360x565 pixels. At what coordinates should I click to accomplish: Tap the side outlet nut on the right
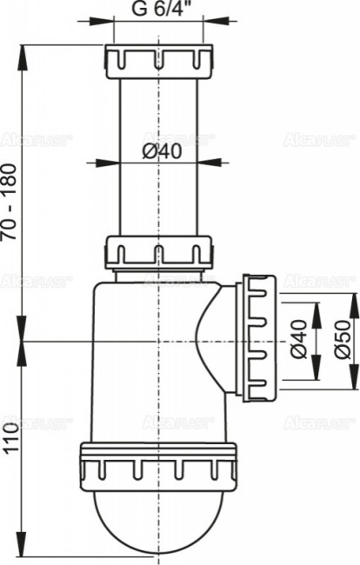coord(260,338)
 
